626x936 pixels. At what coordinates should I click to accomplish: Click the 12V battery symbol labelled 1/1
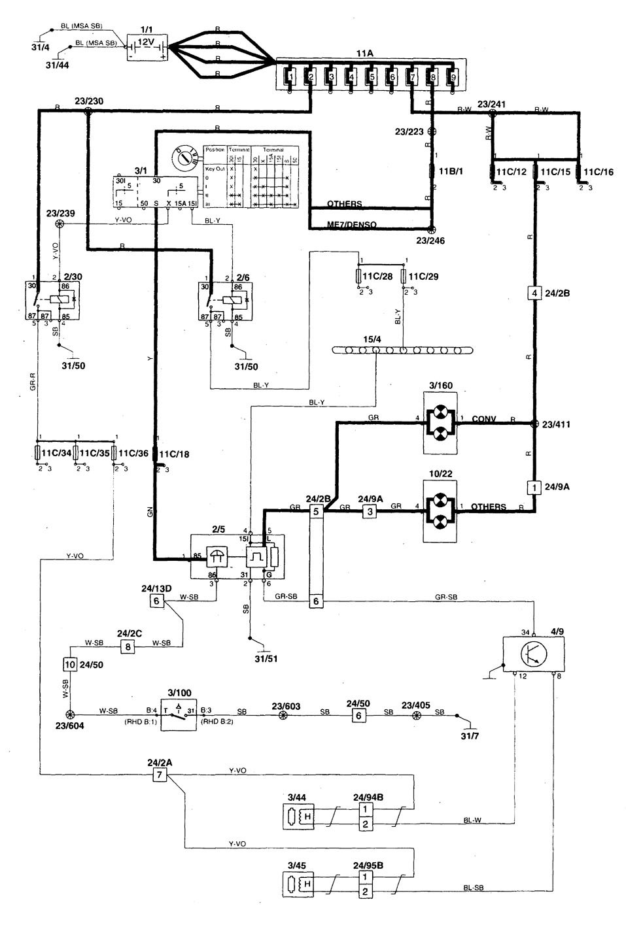coord(147,48)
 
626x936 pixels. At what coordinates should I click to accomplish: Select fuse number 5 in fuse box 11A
coord(371,78)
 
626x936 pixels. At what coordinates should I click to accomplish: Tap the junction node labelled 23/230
coord(88,112)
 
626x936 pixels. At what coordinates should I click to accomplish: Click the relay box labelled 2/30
coord(51,302)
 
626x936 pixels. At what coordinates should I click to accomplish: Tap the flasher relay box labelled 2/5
coord(237,556)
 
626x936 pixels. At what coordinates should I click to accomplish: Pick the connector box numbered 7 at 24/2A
coord(158,775)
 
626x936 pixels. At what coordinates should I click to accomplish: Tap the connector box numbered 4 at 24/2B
coord(534,293)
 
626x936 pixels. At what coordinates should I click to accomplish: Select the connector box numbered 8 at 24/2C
coord(127,647)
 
